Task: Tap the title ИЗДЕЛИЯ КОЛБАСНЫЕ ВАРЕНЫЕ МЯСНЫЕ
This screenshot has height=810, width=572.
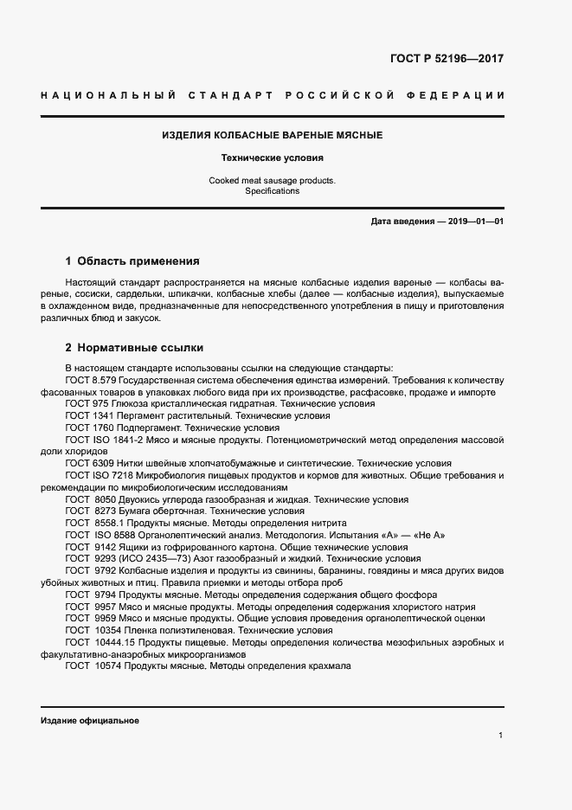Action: coord(273,136)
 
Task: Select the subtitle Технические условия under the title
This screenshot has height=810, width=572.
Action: coord(273,158)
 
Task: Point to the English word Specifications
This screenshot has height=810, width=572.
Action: coord(272,191)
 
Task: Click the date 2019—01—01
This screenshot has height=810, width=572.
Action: coord(473,222)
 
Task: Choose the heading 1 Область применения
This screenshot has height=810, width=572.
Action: coord(132,260)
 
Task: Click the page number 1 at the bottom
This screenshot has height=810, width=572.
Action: coord(501,736)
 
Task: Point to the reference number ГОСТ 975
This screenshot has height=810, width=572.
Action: coord(87,404)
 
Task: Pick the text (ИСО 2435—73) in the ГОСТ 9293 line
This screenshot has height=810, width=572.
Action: coord(154,559)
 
